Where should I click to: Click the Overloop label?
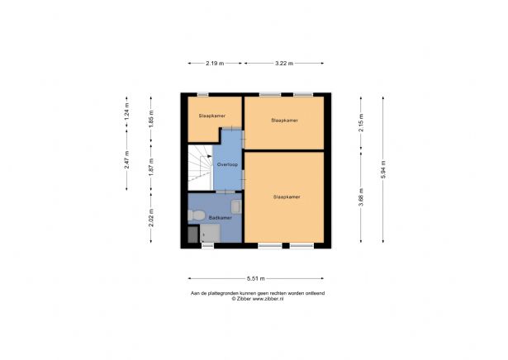[x=227, y=165]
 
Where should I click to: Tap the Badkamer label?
[x=219, y=218]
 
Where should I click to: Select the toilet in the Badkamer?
[x=195, y=216]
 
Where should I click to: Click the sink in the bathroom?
[x=236, y=206]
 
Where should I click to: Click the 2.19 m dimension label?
[x=214, y=62]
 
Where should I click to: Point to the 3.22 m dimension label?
[x=283, y=62]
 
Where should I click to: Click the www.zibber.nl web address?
[x=271, y=298]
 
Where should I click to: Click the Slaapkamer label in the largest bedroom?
[x=286, y=197]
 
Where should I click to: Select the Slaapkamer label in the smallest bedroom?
[x=211, y=116]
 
